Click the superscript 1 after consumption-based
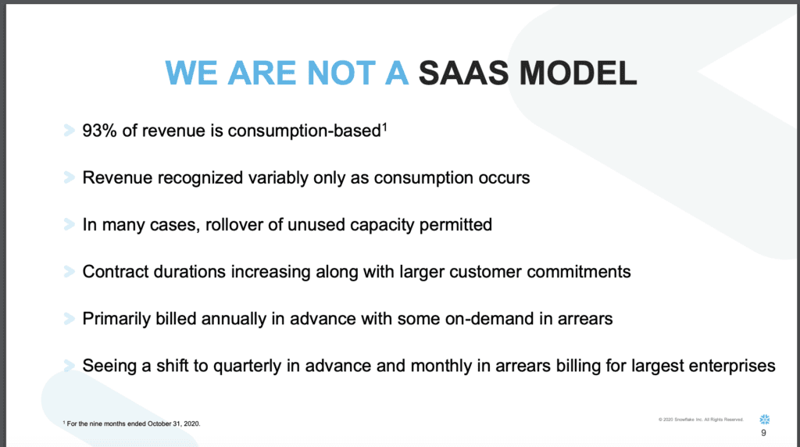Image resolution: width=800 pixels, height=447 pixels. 384,126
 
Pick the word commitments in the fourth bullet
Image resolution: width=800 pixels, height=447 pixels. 580,272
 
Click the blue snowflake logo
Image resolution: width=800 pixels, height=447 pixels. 764,420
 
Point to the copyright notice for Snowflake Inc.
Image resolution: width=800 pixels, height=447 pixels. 702,420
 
